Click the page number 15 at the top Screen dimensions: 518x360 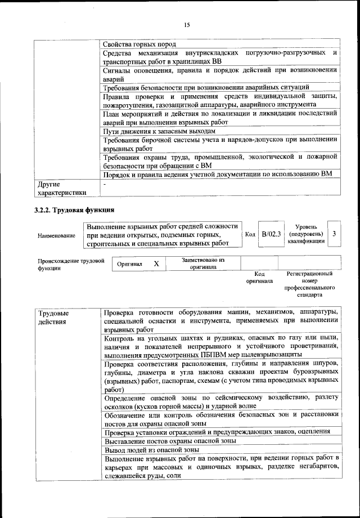click(x=187, y=24)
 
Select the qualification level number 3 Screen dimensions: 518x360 click(x=335, y=234)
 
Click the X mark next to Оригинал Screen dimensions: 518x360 click(x=156, y=264)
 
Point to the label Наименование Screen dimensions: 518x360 click(x=56, y=235)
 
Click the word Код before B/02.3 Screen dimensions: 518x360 click(x=250, y=234)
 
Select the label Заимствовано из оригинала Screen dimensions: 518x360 click(x=202, y=264)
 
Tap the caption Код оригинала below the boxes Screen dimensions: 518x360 click(x=259, y=277)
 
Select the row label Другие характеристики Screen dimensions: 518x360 click(x=62, y=188)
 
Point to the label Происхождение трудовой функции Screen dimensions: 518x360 click(x=71, y=264)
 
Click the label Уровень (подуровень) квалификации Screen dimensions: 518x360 click(x=305, y=234)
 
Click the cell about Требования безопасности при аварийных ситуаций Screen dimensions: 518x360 click(x=206, y=87)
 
